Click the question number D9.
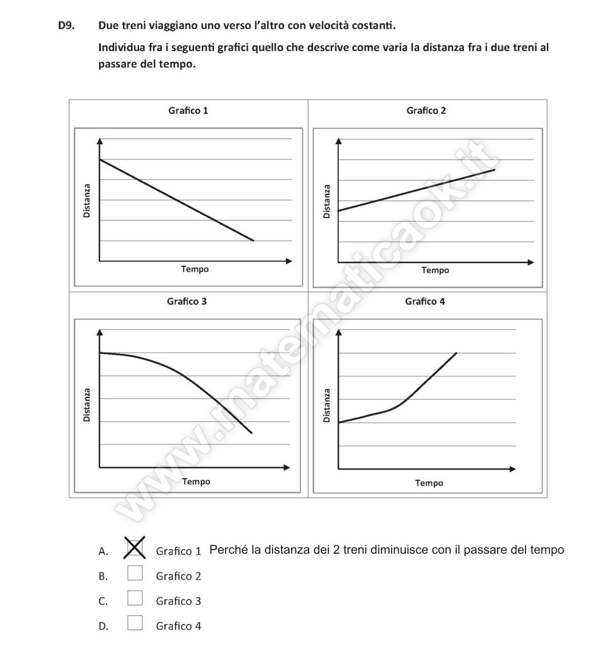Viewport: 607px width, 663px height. [66, 25]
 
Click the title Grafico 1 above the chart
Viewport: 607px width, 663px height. [188, 110]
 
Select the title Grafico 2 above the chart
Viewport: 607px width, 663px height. [426, 110]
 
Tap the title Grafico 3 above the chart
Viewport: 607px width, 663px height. [187, 301]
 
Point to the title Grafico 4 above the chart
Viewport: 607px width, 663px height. [425, 301]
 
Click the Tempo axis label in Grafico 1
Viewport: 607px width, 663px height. [195, 269]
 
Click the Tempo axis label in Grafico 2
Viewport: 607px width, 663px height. [435, 270]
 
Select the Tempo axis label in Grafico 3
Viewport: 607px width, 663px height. [196, 481]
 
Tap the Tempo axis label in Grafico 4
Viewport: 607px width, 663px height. [429, 483]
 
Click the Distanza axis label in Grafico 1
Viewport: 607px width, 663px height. [87, 201]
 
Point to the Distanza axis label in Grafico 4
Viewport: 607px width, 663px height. [327, 405]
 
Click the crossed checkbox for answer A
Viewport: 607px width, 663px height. [135, 548]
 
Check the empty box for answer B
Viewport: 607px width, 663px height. [135, 573]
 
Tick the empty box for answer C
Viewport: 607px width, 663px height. [135, 598]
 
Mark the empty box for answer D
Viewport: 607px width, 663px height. [135, 623]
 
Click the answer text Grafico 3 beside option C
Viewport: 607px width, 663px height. [178, 601]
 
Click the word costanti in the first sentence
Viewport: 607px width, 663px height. [377, 25]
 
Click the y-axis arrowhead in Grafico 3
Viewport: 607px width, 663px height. [100, 333]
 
